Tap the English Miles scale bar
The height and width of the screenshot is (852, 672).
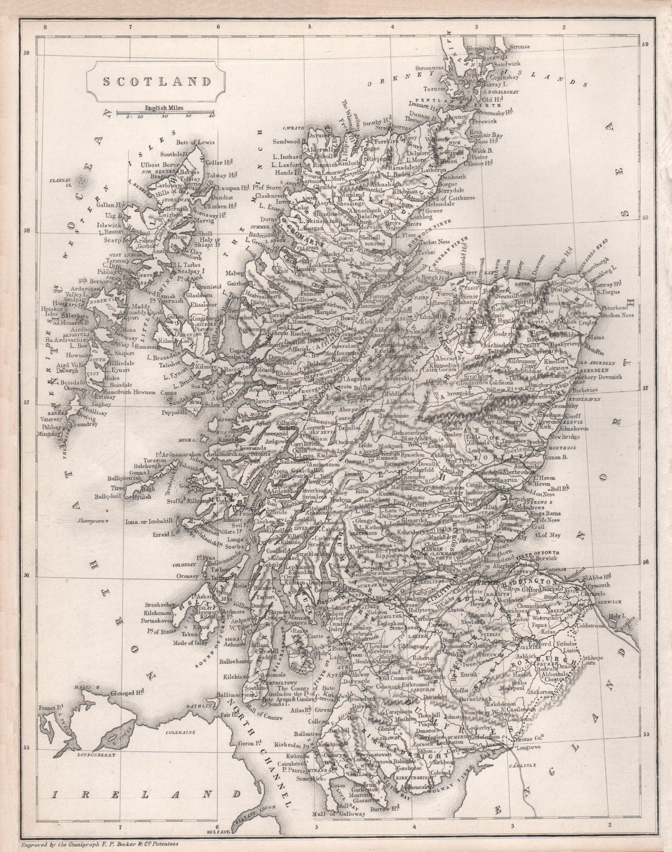click(163, 112)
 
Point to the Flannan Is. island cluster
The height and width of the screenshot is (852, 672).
click(81, 183)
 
